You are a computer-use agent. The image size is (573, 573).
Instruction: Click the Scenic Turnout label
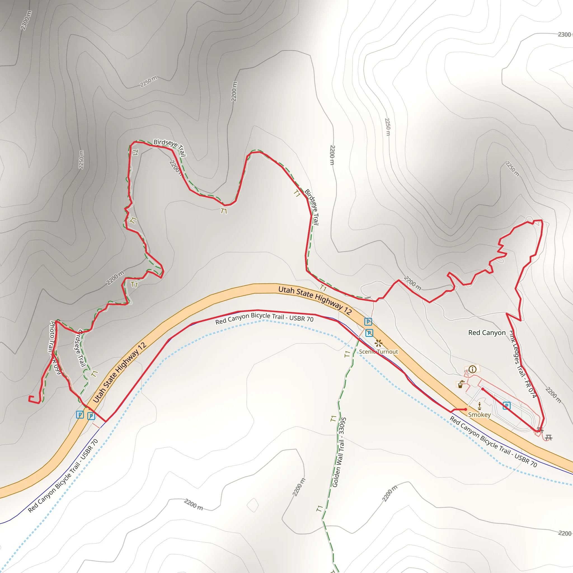pyautogui.click(x=379, y=352)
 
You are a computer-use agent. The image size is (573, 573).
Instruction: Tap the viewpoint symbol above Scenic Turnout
pyautogui.click(x=378, y=344)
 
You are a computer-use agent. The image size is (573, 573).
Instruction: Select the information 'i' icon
pyautogui.click(x=473, y=369)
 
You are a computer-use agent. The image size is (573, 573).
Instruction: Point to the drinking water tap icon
pyautogui.click(x=460, y=384)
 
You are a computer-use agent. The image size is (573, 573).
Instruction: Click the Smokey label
pyautogui.click(x=479, y=415)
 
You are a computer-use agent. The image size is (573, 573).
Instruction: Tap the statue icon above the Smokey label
pyautogui.click(x=480, y=406)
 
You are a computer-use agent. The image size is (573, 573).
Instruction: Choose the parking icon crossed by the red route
pyautogui.click(x=507, y=406)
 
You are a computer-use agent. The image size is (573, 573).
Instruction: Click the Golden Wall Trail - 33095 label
pyautogui.click(x=339, y=452)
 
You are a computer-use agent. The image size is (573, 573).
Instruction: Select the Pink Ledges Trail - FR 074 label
pyautogui.click(x=523, y=364)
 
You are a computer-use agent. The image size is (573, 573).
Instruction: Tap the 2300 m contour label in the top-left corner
pyautogui.click(x=26, y=20)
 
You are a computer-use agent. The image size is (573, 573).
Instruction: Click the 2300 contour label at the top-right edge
pyautogui.click(x=564, y=35)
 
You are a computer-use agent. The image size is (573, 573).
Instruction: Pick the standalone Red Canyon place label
pyautogui.click(x=487, y=333)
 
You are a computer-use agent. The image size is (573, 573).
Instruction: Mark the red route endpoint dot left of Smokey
pyautogui.click(x=466, y=409)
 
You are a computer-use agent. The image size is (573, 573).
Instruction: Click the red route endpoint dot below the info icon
pyautogui.click(x=483, y=389)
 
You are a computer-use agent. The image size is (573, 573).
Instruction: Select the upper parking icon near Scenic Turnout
pyautogui.click(x=368, y=321)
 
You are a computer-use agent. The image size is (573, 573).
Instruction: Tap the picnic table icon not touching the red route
pyautogui.click(x=548, y=438)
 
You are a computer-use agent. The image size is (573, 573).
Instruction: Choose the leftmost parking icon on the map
pyautogui.click(x=80, y=415)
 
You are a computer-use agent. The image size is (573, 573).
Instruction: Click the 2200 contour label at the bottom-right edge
pyautogui.click(x=564, y=534)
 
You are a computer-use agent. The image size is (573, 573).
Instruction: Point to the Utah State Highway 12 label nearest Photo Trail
pyautogui.click(x=120, y=372)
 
